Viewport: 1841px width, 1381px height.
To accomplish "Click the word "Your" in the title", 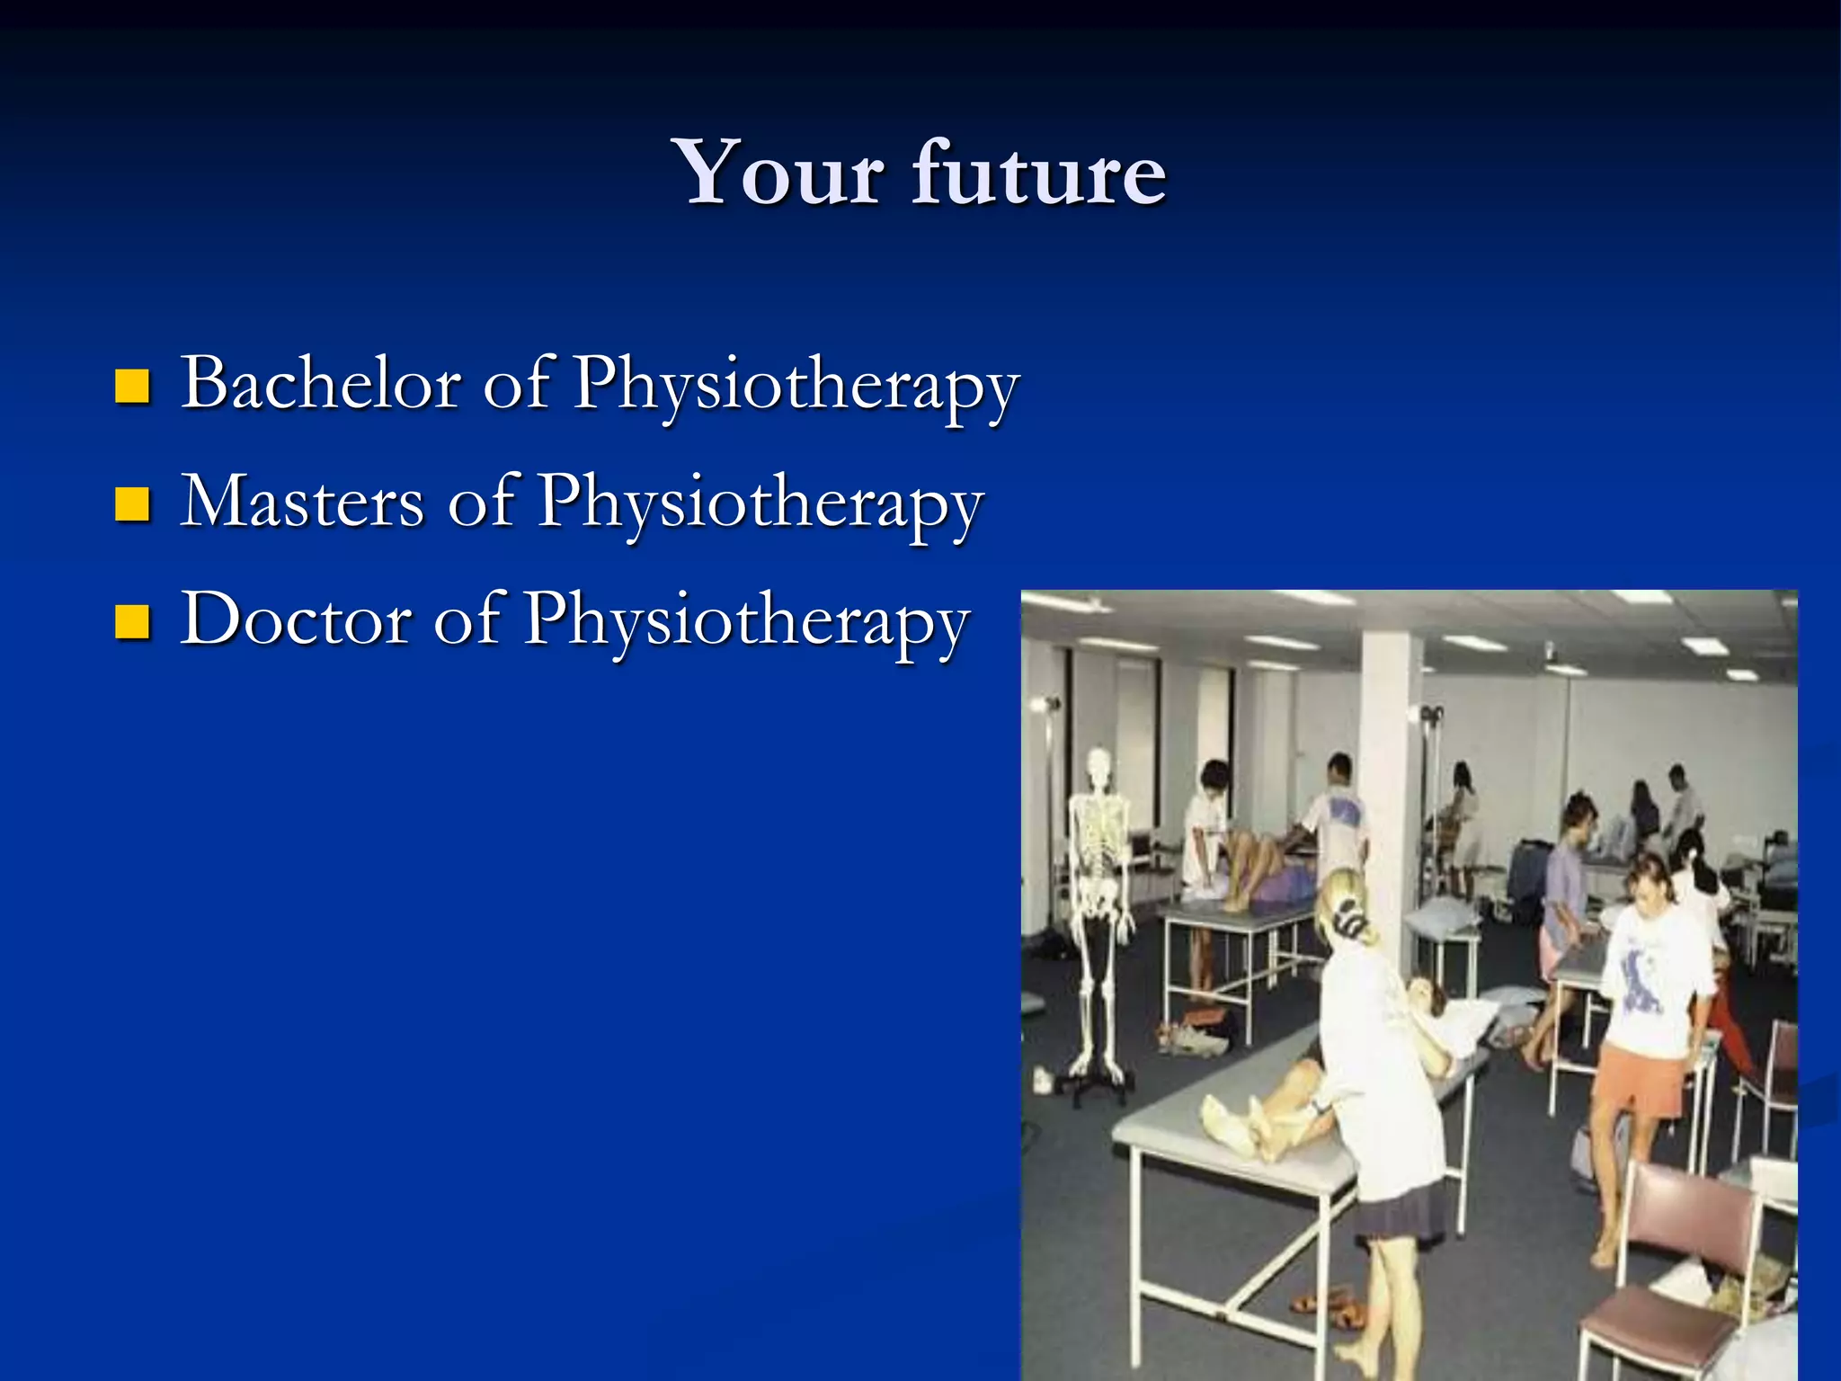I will [x=780, y=173].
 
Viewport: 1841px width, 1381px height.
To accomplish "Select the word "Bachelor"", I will [x=321, y=383].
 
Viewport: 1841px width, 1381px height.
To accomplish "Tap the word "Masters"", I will [x=302, y=502].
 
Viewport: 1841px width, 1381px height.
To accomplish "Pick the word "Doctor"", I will [x=296, y=619].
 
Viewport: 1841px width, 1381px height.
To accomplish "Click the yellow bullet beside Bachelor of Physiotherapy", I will [x=132, y=388].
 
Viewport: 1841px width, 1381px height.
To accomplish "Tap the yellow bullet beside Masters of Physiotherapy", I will [x=132, y=505].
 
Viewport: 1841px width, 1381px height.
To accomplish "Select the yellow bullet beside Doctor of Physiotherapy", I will [x=132, y=622].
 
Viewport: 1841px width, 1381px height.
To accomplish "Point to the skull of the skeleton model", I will [x=1098, y=764].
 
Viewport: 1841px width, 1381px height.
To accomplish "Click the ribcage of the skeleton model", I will [x=1098, y=832].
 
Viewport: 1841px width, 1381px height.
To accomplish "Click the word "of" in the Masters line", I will [x=482, y=502].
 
